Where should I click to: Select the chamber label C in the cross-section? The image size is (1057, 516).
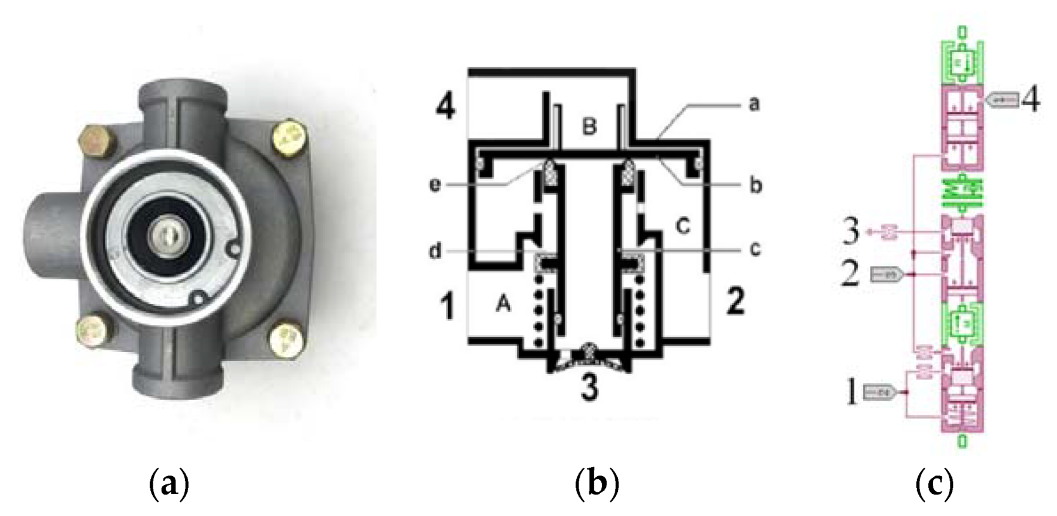(682, 226)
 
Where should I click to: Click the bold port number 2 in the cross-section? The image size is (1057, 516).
(734, 303)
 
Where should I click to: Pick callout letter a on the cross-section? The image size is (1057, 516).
(753, 103)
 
